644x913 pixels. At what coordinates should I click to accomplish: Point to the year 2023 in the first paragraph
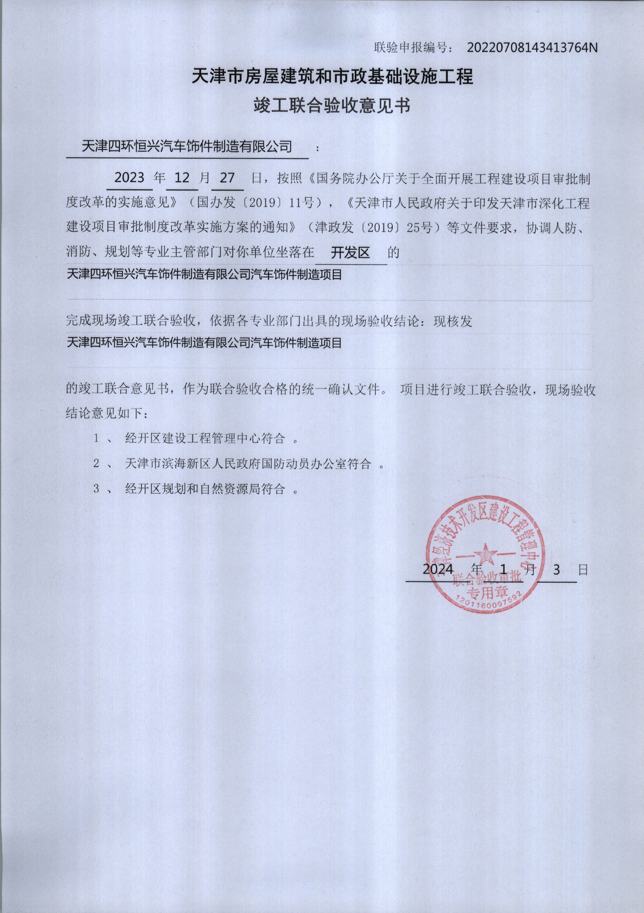[x=129, y=177]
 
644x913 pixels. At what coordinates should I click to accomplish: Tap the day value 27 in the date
[x=227, y=177]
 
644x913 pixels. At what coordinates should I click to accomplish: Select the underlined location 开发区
[x=350, y=253]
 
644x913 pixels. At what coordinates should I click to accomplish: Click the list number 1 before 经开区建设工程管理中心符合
[x=96, y=439]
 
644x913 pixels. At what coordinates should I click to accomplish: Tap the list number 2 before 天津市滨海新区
[x=96, y=464]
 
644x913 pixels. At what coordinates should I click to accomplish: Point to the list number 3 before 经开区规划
[x=96, y=489]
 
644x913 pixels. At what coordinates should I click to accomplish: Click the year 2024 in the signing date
[x=438, y=569]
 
